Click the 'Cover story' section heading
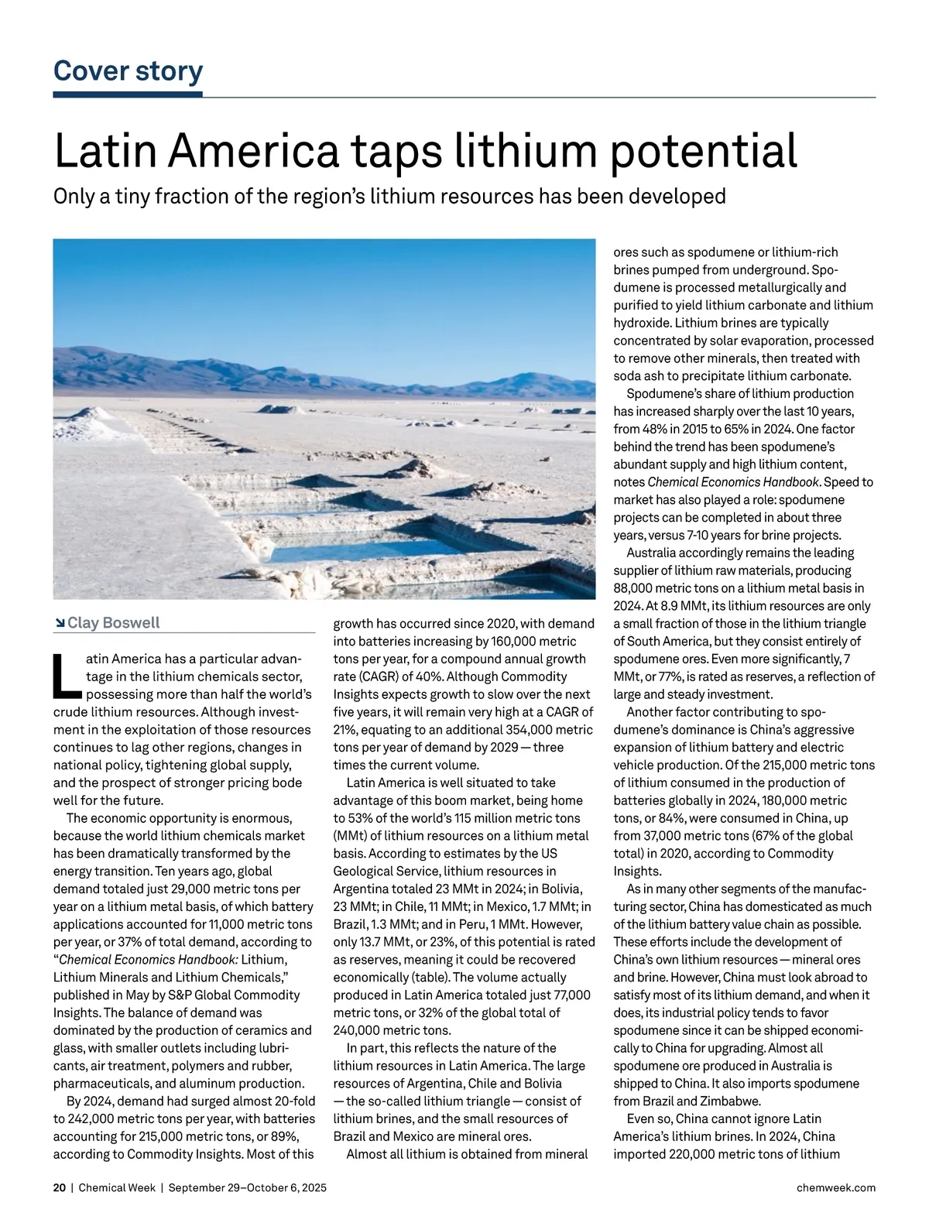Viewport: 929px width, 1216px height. point(128,71)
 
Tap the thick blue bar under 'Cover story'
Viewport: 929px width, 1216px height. point(128,94)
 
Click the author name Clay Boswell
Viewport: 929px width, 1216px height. point(114,623)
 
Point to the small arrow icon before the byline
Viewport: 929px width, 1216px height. point(60,624)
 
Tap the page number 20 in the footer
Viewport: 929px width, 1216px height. point(60,1187)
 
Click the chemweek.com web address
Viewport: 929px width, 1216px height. point(835,1187)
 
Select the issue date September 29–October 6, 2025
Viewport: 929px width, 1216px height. point(247,1187)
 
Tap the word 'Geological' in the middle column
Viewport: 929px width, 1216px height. point(364,872)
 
